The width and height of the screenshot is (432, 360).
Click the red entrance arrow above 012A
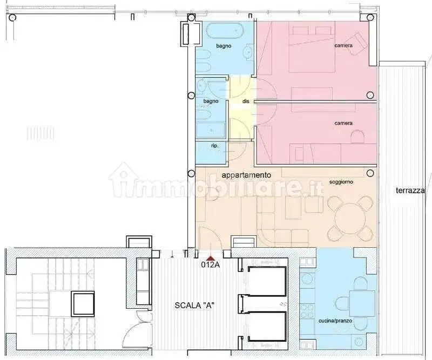211,258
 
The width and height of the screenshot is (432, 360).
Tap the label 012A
211,264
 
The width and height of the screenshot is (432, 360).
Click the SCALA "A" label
194,305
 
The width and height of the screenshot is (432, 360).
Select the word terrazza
410,191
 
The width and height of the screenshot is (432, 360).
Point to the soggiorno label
341,182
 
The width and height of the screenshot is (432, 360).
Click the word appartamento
246,175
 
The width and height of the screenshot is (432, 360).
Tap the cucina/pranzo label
335,321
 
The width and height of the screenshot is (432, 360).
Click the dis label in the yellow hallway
246,101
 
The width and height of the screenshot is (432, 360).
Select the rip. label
215,146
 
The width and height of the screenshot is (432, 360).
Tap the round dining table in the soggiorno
350,219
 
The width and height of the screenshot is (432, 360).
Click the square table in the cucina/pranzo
362,303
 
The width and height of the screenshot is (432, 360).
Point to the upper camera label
343,45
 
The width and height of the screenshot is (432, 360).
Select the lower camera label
343,123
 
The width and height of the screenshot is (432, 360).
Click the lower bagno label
211,101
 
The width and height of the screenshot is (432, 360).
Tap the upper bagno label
224,46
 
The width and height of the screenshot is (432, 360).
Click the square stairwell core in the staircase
83,304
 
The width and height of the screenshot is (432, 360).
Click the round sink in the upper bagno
248,51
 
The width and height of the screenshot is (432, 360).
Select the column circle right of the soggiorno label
370,173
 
